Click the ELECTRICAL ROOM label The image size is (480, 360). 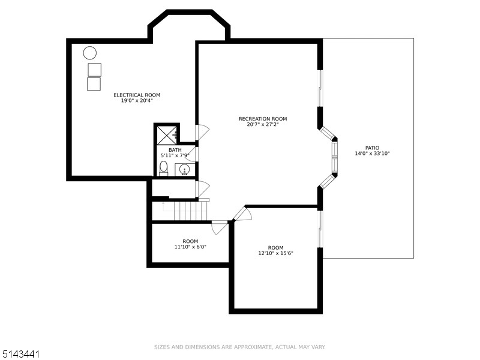point(137,95)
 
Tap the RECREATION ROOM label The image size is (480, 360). point(263,119)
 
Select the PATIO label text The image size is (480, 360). point(372,148)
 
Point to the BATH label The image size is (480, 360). point(175,150)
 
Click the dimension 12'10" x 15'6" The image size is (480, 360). point(275,253)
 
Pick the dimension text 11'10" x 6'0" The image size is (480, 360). point(190,247)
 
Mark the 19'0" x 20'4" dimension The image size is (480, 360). point(137,101)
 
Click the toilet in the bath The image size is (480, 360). point(163,167)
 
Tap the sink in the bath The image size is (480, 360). point(184,170)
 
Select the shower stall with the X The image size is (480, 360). point(166,134)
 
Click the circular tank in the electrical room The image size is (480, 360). point(90,53)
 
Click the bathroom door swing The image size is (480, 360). point(201,154)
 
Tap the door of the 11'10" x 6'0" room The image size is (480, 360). point(220,227)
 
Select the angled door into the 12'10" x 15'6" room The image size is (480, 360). point(242,214)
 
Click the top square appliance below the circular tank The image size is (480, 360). point(94,70)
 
